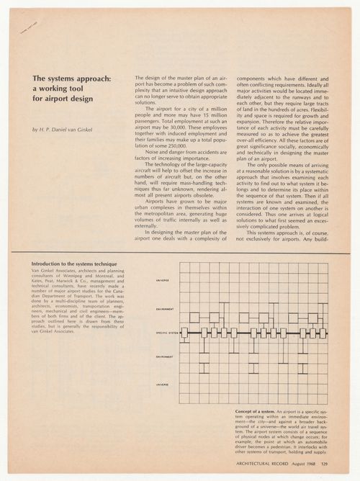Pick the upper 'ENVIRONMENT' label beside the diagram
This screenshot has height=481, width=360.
[165, 310]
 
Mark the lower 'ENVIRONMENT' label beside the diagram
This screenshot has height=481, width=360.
[165, 357]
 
